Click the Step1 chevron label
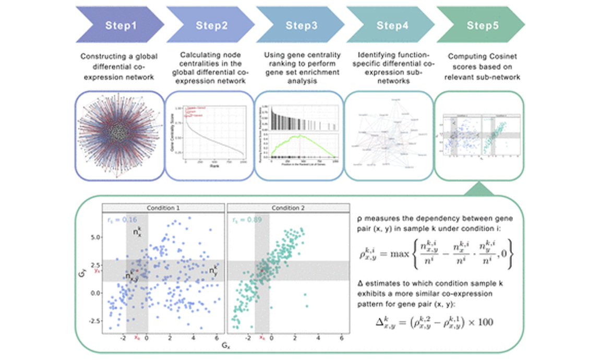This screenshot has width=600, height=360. (x=121, y=25)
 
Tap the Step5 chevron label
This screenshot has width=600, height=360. (x=482, y=25)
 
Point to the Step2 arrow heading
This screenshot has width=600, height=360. (x=211, y=25)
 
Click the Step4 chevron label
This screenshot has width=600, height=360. (x=392, y=25)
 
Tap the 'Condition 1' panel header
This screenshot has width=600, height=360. (x=163, y=208)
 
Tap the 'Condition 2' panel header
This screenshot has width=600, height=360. (x=288, y=208)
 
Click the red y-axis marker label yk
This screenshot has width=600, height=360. (x=97, y=270)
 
